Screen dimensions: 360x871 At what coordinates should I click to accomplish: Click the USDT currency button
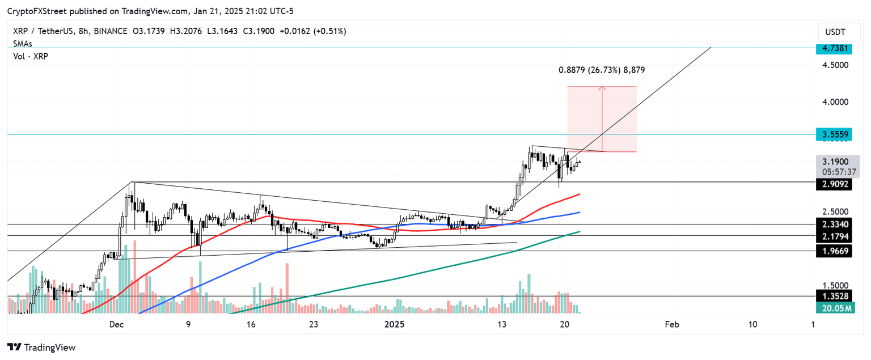[835, 32]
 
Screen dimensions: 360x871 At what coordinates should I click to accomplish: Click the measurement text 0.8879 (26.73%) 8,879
[601, 70]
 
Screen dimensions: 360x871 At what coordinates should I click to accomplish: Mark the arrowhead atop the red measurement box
[602, 88]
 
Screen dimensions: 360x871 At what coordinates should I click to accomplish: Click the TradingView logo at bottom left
[41, 347]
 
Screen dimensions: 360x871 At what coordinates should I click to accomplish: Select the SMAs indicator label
[23, 44]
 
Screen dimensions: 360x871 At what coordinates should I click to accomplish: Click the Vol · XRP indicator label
[31, 56]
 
